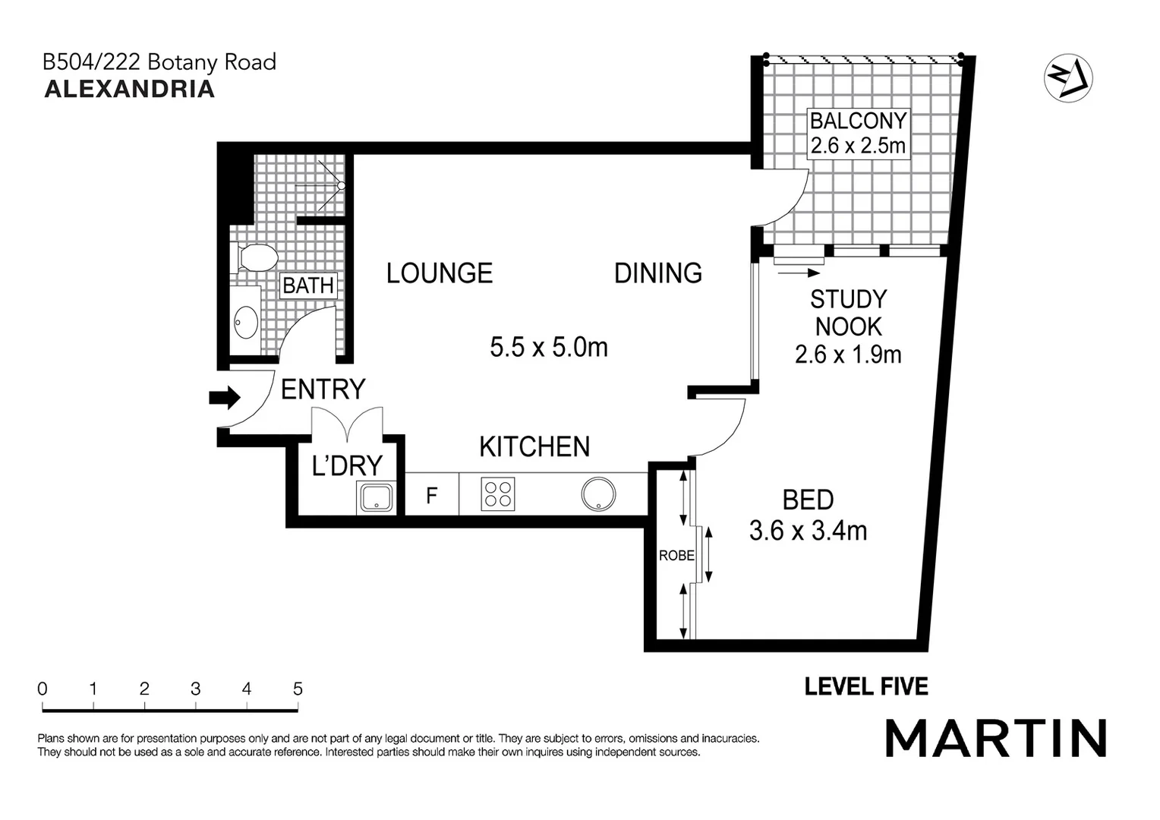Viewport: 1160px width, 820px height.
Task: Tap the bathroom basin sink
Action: pyautogui.click(x=245, y=322)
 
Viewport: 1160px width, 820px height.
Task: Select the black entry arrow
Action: pyautogui.click(x=225, y=397)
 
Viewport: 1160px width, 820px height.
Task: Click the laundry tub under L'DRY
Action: pyautogui.click(x=376, y=498)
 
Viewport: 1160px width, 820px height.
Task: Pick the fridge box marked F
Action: pyautogui.click(x=431, y=495)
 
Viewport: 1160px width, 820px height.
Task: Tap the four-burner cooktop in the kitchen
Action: pyautogui.click(x=498, y=494)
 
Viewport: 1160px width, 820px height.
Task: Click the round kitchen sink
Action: pyautogui.click(x=599, y=494)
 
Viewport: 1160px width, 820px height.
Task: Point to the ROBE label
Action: pyautogui.click(x=676, y=556)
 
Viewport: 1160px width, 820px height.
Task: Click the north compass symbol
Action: pyautogui.click(x=1068, y=77)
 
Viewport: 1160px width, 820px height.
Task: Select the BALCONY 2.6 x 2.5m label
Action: pyautogui.click(x=858, y=133)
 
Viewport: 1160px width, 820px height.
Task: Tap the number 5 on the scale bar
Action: pyautogui.click(x=298, y=689)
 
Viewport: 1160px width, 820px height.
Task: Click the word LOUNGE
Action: pyautogui.click(x=439, y=273)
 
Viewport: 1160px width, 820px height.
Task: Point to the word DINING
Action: pyautogui.click(x=657, y=273)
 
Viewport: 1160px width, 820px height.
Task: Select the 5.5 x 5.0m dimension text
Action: pyautogui.click(x=548, y=348)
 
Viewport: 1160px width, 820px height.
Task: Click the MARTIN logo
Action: pyautogui.click(x=995, y=737)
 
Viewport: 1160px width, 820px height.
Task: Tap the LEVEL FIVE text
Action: pyautogui.click(x=866, y=687)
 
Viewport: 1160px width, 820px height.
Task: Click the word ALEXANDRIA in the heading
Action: pyautogui.click(x=130, y=89)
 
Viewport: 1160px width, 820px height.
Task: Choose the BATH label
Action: pyautogui.click(x=308, y=285)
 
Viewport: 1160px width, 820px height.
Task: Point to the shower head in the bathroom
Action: pyautogui.click(x=341, y=185)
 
